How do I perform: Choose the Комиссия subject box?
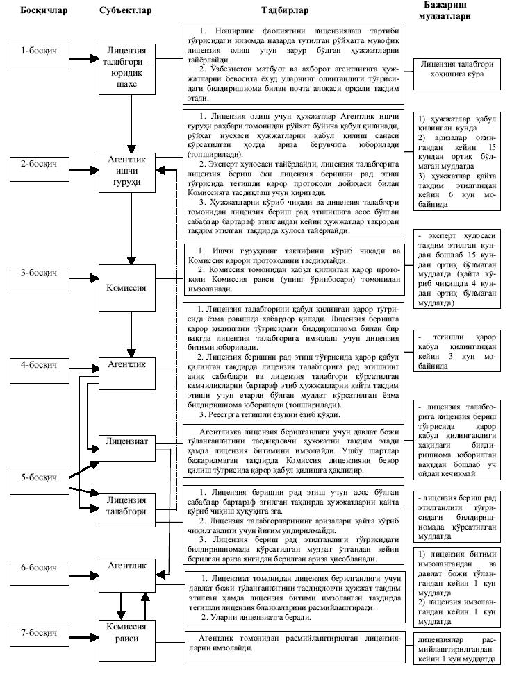tap(129, 287)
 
